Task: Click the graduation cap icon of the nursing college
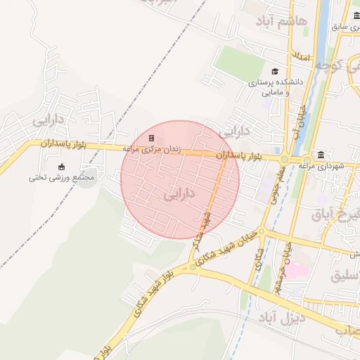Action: [x=274, y=71]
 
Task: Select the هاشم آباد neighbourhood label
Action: [x=302, y=22]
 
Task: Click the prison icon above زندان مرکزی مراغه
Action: [x=151, y=138]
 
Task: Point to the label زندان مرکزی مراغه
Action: [x=152, y=149]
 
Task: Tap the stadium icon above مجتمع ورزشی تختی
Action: [x=61, y=167]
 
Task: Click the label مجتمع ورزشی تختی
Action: [x=61, y=177]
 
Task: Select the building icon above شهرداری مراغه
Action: [x=321, y=155]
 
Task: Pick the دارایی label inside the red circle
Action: [x=179, y=193]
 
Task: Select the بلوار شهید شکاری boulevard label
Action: [x=153, y=286]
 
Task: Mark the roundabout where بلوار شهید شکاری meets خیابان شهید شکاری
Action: [x=193, y=266]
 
